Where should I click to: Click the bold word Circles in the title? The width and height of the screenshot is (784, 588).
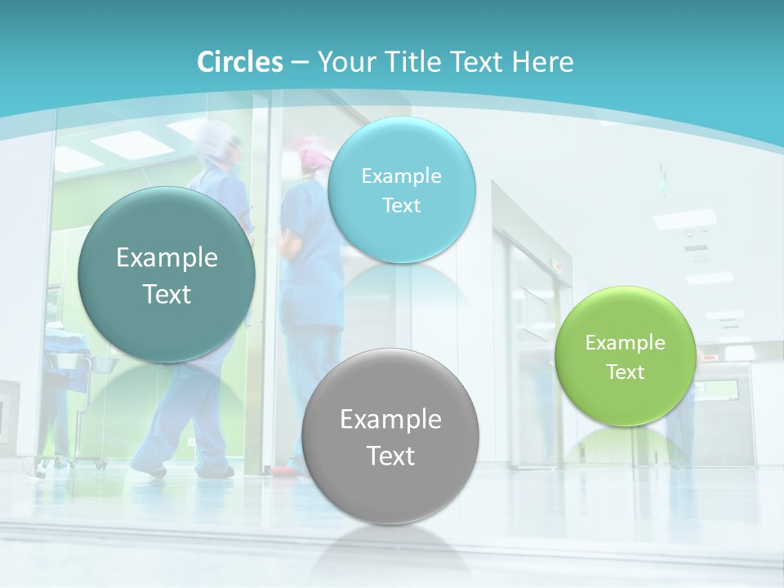(240, 62)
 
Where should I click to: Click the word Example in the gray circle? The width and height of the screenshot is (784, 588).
(390, 420)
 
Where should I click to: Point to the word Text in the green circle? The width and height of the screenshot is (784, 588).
(626, 372)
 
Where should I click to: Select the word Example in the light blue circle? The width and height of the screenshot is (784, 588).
(401, 176)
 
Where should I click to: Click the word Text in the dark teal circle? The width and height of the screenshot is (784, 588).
(167, 295)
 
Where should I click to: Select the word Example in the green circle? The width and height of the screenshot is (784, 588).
(626, 343)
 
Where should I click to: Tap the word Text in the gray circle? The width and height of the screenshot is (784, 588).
(390, 456)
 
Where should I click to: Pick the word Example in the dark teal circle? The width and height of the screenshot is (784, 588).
(167, 258)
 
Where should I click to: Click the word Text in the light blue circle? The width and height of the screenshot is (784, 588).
(401, 206)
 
